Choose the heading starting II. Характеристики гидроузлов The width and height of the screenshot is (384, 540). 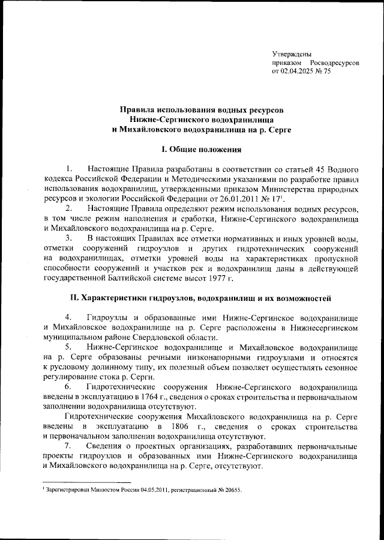(191, 298)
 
